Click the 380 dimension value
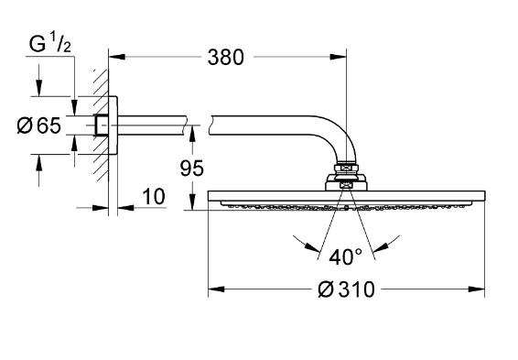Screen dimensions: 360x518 click(x=225, y=57)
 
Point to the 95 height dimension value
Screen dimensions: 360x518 click(x=191, y=169)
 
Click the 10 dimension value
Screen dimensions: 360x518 click(x=153, y=196)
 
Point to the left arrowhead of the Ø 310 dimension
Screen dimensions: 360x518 click(x=215, y=290)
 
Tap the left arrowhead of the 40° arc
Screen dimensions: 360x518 click(x=299, y=241)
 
